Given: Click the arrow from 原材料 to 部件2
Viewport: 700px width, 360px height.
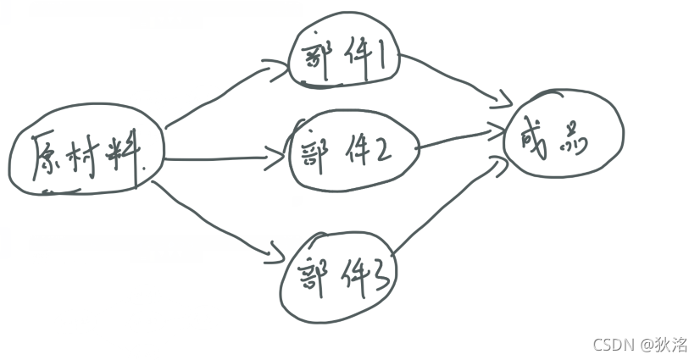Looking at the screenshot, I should tap(225, 158).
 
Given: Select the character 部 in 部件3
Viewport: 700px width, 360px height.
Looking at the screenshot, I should tap(314, 273).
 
